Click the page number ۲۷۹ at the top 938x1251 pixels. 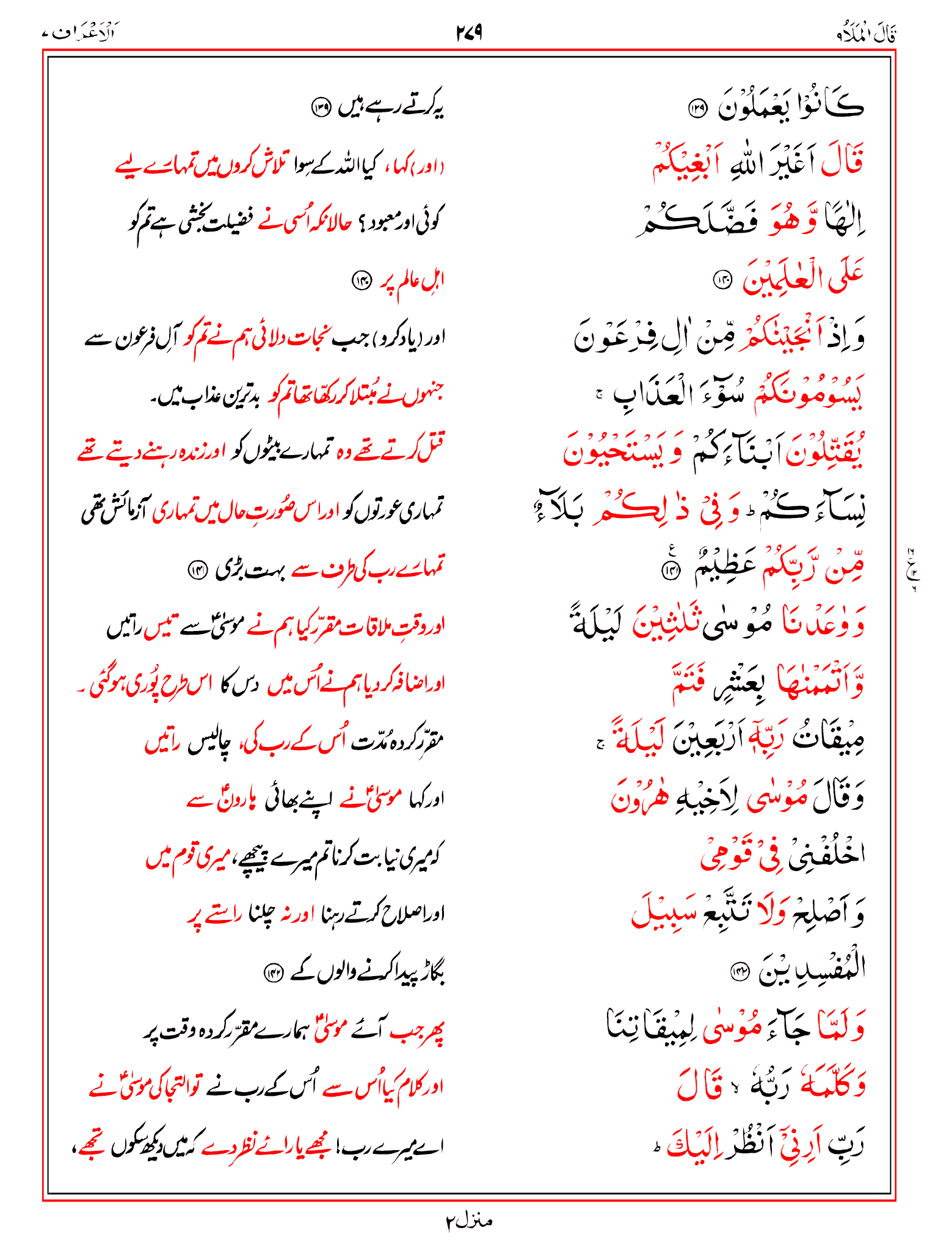(x=469, y=32)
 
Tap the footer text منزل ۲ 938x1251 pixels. (x=468, y=1221)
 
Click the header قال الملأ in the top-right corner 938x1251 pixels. (x=867, y=34)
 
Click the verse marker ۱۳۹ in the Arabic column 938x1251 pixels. (x=697, y=109)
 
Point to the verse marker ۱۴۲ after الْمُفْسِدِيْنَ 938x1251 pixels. (x=740, y=971)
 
